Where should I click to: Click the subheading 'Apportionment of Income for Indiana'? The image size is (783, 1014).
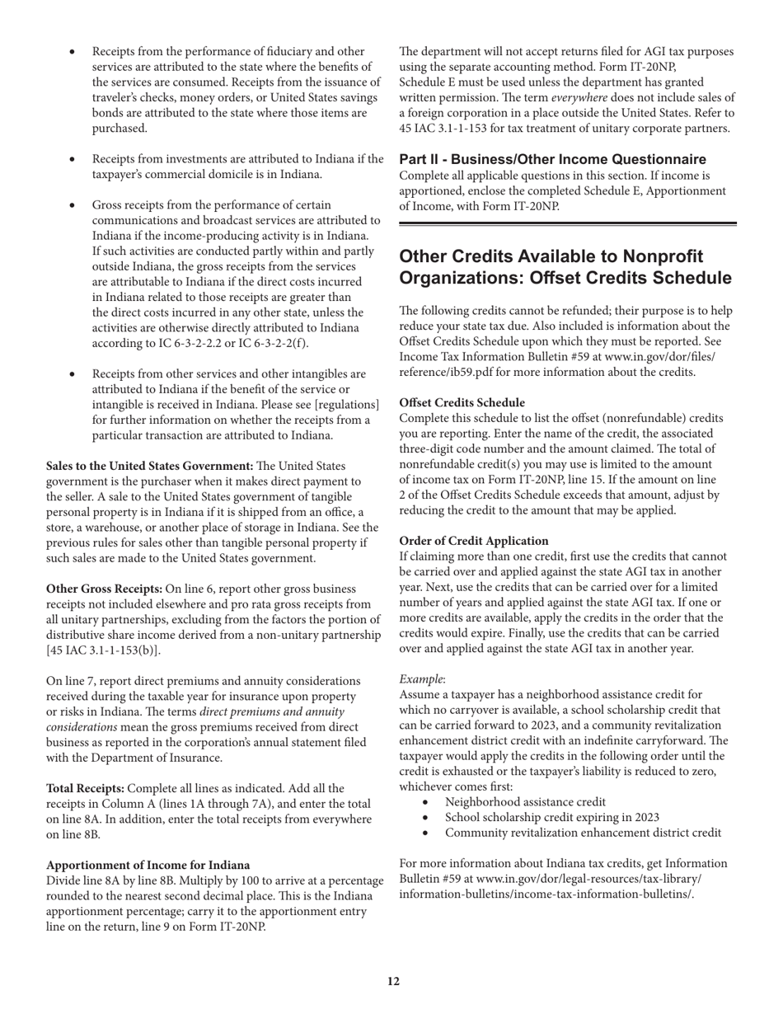pyautogui.click(x=148, y=865)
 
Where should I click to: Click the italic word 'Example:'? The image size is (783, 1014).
pyautogui.click(x=422, y=679)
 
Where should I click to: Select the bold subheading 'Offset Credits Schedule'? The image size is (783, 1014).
pyautogui.click(x=462, y=402)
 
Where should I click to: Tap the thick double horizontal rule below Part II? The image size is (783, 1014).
pyautogui.click(x=567, y=223)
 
